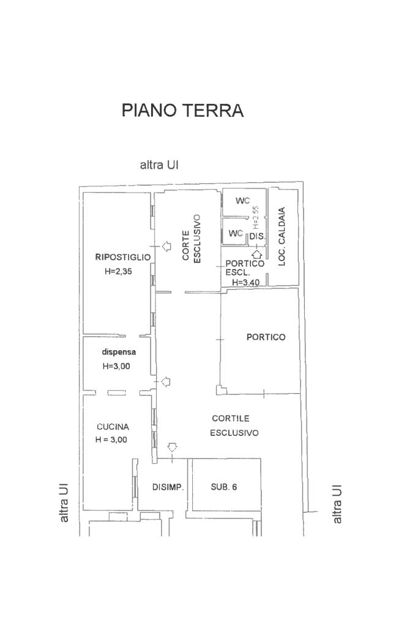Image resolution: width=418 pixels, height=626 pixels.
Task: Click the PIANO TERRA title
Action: [x=182, y=110]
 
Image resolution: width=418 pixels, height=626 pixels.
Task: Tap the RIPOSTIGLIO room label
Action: [x=122, y=257]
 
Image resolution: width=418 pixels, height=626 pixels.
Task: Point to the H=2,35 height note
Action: [x=118, y=271]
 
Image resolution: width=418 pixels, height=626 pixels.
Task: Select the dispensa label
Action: [x=119, y=352]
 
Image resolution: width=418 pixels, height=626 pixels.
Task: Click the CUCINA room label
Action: [x=113, y=427]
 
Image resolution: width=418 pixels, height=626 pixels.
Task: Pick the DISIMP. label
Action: [x=168, y=487]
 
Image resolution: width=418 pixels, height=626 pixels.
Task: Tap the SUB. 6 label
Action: [x=224, y=487]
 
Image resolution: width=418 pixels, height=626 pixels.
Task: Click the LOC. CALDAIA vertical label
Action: [x=282, y=237]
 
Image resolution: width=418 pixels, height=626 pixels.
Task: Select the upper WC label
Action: [x=242, y=201]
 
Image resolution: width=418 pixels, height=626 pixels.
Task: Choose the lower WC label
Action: [x=236, y=233]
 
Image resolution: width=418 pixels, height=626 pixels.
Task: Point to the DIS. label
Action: [x=258, y=237]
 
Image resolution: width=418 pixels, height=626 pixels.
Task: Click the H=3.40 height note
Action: [x=246, y=282]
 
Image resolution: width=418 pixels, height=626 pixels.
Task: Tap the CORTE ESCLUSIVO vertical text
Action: [x=192, y=238]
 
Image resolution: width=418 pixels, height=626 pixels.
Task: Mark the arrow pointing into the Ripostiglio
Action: [x=166, y=246]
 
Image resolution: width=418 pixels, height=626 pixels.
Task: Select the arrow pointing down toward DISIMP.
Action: [x=172, y=447]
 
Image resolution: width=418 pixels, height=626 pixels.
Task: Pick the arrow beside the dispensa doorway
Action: [x=165, y=382]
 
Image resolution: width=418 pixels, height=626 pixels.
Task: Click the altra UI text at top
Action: [x=159, y=165]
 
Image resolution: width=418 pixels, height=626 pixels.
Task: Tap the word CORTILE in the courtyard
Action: [x=231, y=418]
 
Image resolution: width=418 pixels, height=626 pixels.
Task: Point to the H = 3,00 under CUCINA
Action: [x=111, y=440]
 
